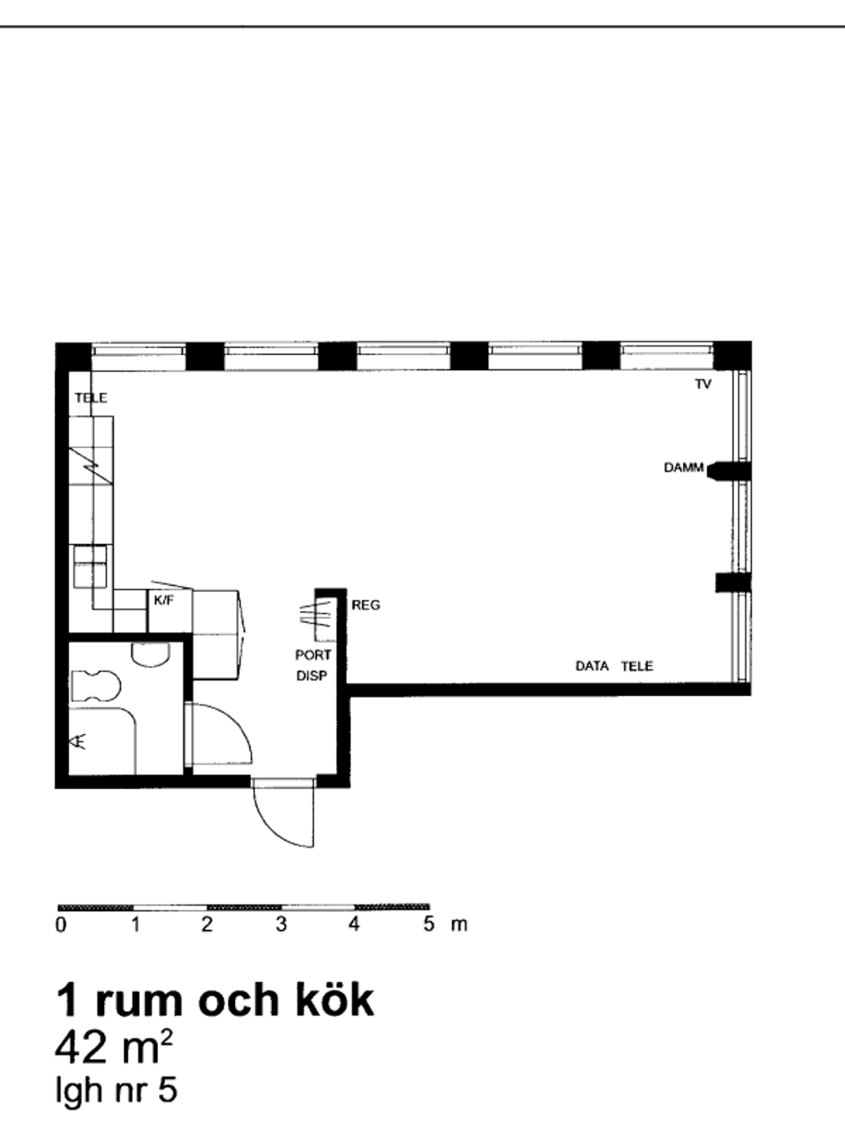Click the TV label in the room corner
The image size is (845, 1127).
click(703, 384)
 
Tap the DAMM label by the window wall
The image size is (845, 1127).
click(684, 468)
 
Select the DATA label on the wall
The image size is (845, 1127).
click(592, 666)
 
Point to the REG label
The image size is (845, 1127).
click(366, 605)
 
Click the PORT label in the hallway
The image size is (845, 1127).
click(313, 655)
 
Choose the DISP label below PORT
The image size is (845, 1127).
click(312, 676)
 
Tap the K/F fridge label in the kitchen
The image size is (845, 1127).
click(164, 600)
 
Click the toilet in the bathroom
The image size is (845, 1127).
click(95, 686)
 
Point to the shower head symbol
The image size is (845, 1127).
click(78, 741)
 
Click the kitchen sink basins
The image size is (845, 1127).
click(90, 566)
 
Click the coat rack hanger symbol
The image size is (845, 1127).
click(314, 615)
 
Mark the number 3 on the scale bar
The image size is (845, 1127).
click(281, 925)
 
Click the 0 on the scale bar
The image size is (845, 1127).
click(61, 925)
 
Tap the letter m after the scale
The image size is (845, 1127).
click(459, 925)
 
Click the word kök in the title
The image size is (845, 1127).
click(334, 1000)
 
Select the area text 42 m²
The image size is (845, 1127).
click(114, 1048)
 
